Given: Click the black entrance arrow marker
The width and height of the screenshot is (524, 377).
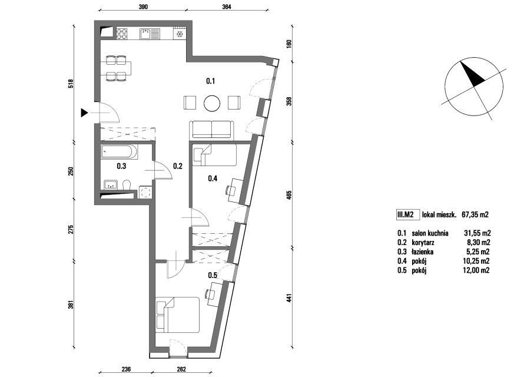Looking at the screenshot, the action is coord(84,113).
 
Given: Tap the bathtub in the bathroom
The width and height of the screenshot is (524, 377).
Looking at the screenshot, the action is coord(119,152).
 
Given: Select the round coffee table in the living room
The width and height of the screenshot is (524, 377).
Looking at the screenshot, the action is coord(212,103).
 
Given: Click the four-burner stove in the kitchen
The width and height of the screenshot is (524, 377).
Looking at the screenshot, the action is coord(122,34).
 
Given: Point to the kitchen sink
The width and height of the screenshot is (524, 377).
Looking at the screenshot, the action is coord(150,34).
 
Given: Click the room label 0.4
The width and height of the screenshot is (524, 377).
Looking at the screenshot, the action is coord(213,178).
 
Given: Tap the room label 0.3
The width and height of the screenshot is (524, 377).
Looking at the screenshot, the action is coord(121,166).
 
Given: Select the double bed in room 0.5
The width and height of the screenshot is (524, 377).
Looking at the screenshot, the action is coord(178,315).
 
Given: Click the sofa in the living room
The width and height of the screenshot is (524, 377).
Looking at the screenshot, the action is coord(211,130).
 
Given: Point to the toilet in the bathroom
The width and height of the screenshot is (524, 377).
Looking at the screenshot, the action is coord(127,185).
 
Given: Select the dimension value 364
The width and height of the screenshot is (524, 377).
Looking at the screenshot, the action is coord(226,6).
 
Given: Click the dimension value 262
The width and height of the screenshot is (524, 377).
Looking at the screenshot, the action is coord(181,369).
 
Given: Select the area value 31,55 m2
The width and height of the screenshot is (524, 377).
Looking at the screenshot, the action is coord(477,233).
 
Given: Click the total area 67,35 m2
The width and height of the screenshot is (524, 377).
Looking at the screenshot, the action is coord(475,215).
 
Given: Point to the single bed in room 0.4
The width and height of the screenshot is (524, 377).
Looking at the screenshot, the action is coord(215,155).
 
